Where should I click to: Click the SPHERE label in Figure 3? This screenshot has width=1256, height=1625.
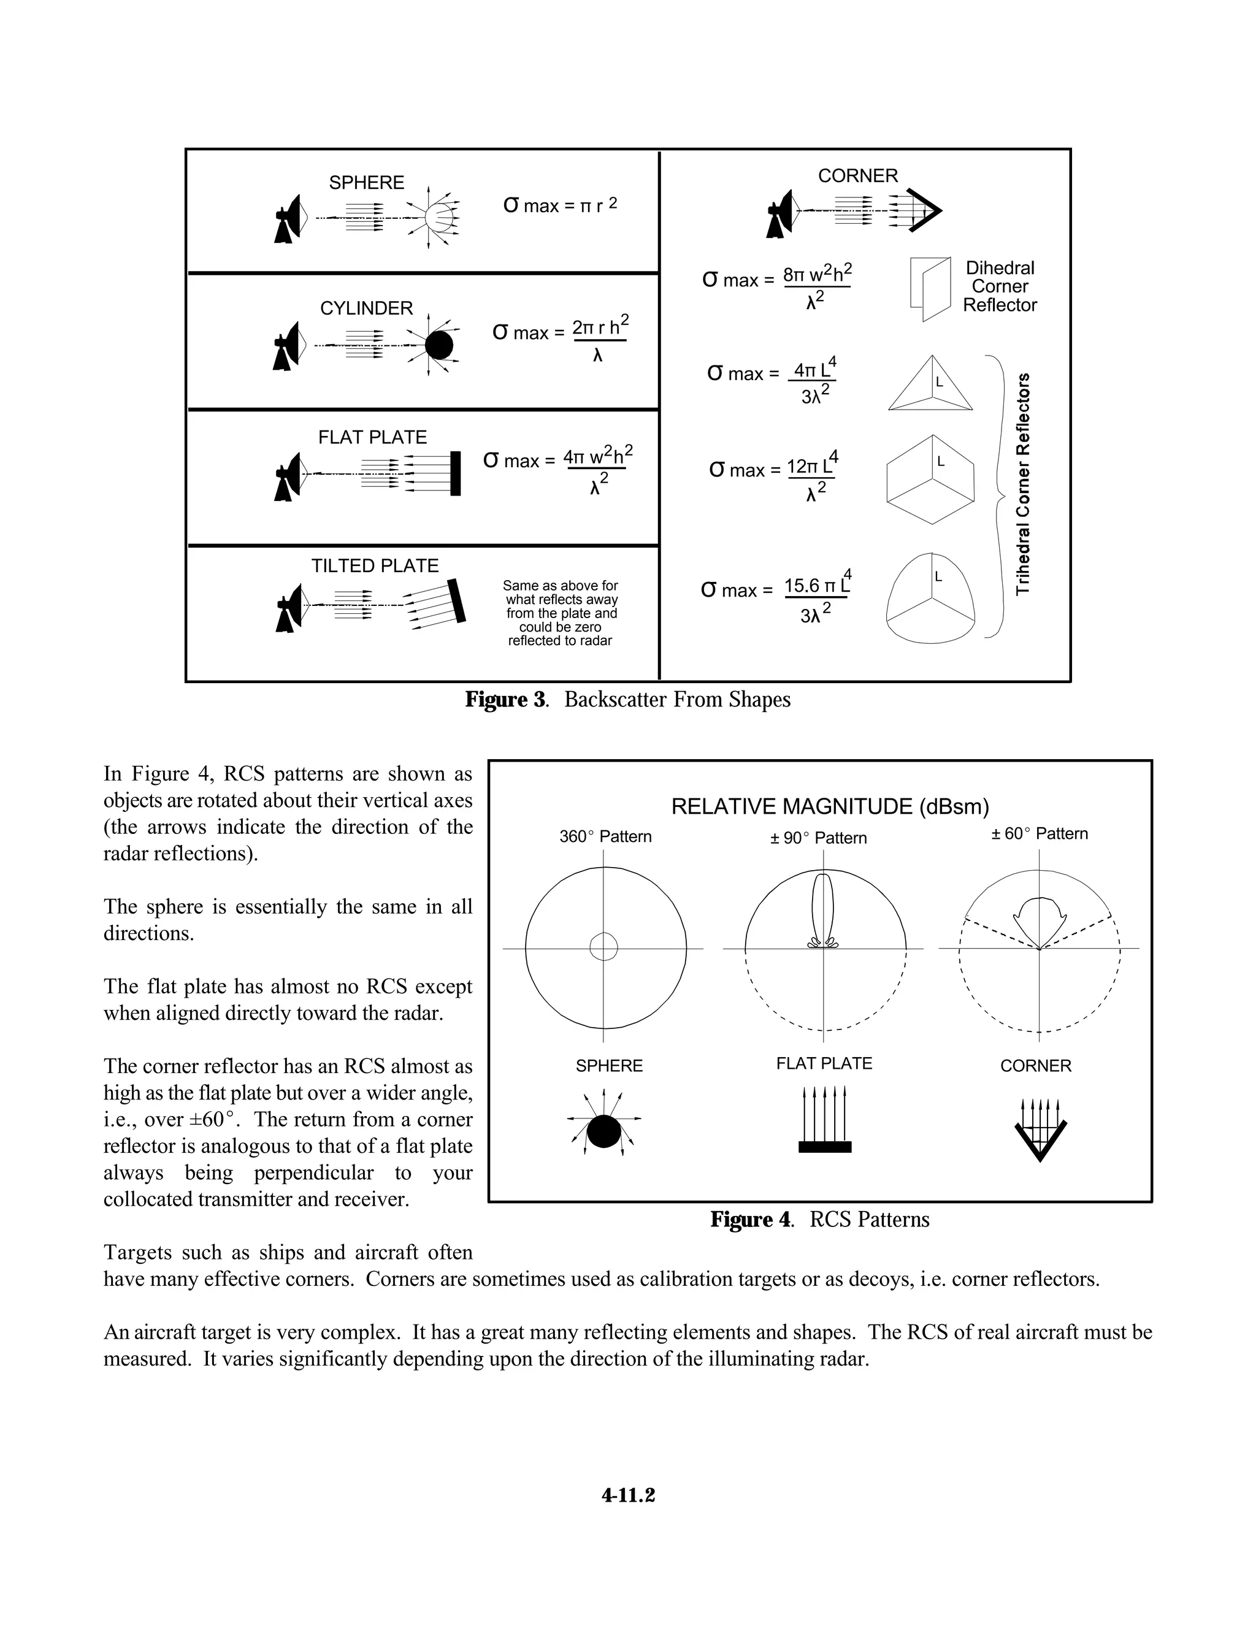366,182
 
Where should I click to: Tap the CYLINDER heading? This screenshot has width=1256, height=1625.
366,308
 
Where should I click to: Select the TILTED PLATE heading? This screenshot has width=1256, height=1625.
374,565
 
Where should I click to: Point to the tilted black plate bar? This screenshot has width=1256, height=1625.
456,600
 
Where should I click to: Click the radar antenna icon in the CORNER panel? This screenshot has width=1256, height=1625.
781,213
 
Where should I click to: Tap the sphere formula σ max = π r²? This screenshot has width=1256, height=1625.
559,205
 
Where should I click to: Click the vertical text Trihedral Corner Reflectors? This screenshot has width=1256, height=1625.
1023,484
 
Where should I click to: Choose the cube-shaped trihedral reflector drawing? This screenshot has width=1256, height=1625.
930,480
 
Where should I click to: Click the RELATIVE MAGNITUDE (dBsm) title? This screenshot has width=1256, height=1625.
830,806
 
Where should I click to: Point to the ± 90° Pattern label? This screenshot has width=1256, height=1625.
819,838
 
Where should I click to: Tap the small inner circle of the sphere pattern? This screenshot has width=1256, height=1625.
603,947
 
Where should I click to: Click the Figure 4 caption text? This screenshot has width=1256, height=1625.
820,1220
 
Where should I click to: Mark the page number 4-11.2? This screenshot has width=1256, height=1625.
628,1496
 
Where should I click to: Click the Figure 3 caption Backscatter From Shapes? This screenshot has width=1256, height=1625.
628,700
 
